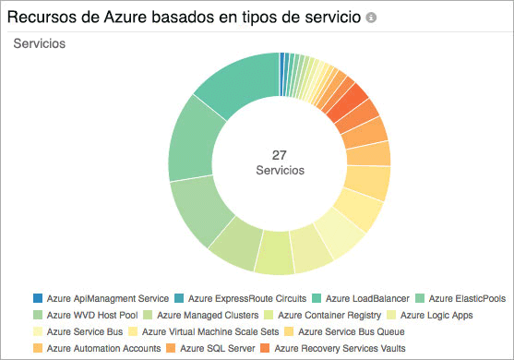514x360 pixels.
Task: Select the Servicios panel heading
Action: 39,44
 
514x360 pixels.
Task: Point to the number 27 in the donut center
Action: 280,154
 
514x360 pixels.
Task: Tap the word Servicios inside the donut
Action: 280,171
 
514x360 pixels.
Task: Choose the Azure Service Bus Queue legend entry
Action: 356,331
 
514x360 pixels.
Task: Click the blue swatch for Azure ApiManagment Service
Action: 38,298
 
